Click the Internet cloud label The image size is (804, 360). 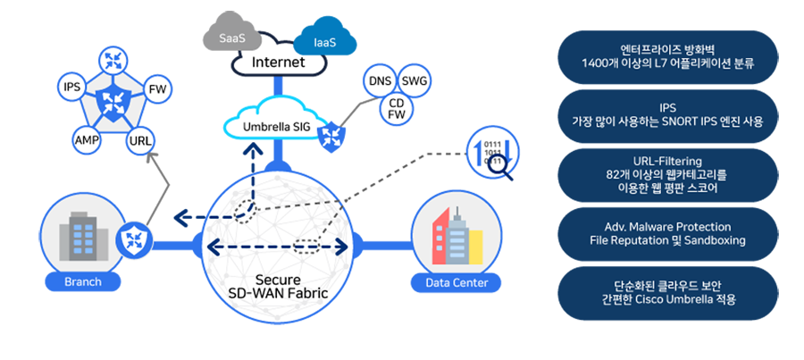pos(278,63)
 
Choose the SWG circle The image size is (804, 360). pos(415,81)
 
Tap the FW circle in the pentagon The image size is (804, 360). pos(156,89)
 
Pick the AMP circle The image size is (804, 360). pos(87,140)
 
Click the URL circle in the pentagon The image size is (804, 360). pos(140,140)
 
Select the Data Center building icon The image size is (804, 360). pos(456,238)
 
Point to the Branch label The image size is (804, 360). pos(82,282)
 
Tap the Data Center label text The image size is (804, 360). pos(456,283)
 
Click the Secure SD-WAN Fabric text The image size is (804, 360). pos(276,287)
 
